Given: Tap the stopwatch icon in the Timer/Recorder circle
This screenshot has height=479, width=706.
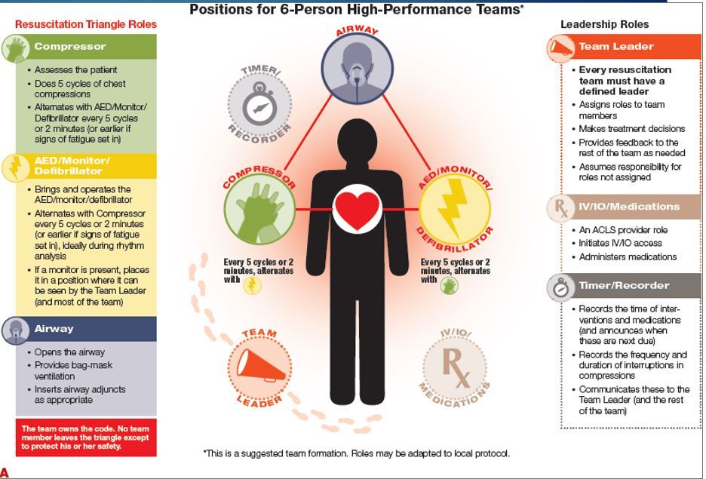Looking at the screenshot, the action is point(259,106).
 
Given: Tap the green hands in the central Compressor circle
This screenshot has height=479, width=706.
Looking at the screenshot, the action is point(259,208).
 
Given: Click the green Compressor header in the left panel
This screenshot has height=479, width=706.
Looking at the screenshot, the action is point(86,47).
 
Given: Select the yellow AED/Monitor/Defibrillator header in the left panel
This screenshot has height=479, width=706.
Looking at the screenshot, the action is point(86,166).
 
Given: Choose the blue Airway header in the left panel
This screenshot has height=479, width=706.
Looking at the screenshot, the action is point(86,329).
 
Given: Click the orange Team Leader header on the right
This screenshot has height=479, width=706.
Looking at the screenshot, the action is point(624,47).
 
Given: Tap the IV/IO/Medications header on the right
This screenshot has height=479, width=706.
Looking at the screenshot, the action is point(624,207).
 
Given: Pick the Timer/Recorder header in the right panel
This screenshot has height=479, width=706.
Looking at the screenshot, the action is point(624,286).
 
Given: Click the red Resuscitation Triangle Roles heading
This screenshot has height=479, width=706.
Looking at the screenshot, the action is point(86,24).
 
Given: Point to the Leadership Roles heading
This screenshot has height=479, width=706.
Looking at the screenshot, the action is point(604,24).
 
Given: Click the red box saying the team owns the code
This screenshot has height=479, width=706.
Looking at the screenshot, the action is point(86,438).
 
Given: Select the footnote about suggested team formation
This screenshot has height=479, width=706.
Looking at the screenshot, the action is point(356,454).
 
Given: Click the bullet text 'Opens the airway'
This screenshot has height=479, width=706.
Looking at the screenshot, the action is point(69,352).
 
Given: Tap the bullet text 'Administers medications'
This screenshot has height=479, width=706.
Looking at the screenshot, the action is point(628,257).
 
